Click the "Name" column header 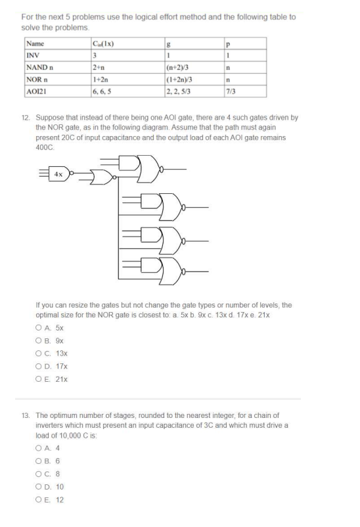[34, 44]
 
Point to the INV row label [32, 55]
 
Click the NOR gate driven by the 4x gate [102, 177]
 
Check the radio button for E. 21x [39, 379]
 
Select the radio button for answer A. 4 [39, 447]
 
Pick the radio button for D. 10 [39, 486]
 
